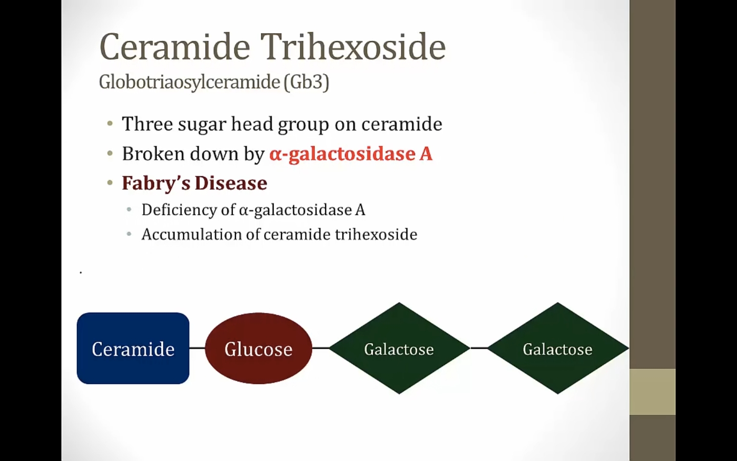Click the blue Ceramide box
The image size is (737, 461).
pyautogui.click(x=133, y=348)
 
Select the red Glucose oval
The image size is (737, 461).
pyautogui.click(x=258, y=348)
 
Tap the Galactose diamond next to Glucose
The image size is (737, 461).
pyautogui.click(x=399, y=348)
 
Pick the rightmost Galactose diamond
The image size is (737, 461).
pyautogui.click(x=558, y=348)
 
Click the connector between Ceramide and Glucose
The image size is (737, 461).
pyautogui.click(x=197, y=348)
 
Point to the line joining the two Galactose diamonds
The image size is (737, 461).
pyautogui.click(x=479, y=348)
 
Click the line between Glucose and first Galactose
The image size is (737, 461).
pyautogui.click(x=320, y=348)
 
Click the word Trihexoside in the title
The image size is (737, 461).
pyautogui.click(x=353, y=47)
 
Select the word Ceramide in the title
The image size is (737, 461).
pyautogui.click(x=175, y=47)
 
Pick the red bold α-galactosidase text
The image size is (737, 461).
pyautogui.click(x=342, y=154)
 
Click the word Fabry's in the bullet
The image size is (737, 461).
pyautogui.click(x=156, y=183)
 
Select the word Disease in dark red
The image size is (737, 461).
pyautogui.click(x=231, y=183)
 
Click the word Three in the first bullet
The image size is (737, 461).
pyautogui.click(x=147, y=124)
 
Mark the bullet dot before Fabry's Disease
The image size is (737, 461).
pyautogui.click(x=110, y=183)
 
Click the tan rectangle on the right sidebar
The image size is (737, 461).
pyautogui.click(x=653, y=392)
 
